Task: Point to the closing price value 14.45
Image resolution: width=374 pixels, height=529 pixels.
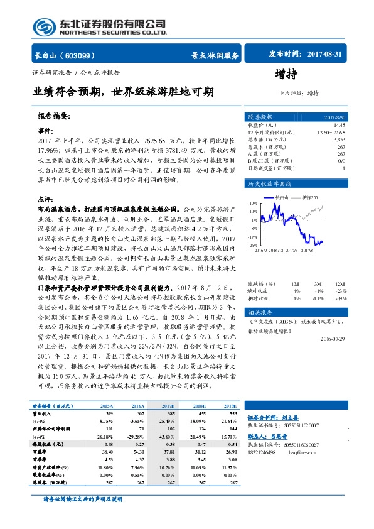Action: (x=339, y=126)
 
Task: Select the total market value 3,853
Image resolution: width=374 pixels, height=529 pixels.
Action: (x=339, y=139)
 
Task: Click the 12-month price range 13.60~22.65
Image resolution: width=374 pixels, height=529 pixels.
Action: (x=331, y=133)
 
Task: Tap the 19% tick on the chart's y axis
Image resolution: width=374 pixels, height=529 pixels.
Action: (x=253, y=204)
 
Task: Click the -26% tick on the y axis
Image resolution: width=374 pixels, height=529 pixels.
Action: (x=252, y=246)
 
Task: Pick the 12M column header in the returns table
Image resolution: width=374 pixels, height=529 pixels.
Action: (x=340, y=267)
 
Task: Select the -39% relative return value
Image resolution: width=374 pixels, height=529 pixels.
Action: (x=340, y=281)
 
